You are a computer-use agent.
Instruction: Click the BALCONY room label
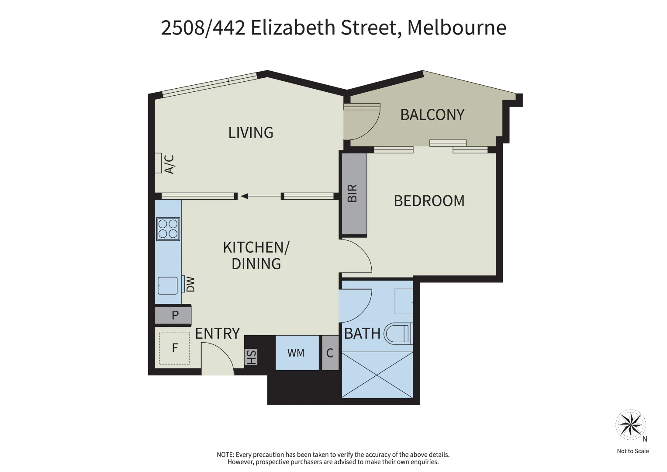tap(432, 115)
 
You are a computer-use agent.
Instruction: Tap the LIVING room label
tap(251, 132)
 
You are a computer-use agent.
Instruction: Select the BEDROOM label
tap(429, 201)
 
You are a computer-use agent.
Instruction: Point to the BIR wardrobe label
tap(352, 193)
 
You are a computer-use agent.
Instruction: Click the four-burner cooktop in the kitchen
tap(168, 229)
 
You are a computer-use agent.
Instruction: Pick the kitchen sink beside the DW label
tap(168, 285)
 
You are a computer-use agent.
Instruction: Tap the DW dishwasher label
tap(190, 284)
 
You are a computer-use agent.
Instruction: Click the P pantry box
tap(173, 315)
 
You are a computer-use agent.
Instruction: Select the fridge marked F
tap(174, 348)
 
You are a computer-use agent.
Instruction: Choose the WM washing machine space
tap(297, 353)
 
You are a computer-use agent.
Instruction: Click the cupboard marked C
tap(330, 353)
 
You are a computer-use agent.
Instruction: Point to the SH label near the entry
tap(251, 357)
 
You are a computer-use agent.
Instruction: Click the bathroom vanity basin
tap(404, 301)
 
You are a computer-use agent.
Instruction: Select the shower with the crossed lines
tap(377, 375)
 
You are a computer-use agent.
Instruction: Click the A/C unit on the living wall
tap(158, 163)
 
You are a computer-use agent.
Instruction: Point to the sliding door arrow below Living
tap(260, 196)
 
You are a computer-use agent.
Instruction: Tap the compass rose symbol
tap(631, 425)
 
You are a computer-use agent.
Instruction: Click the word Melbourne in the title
tap(456, 28)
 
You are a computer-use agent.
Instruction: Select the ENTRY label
tap(218, 333)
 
